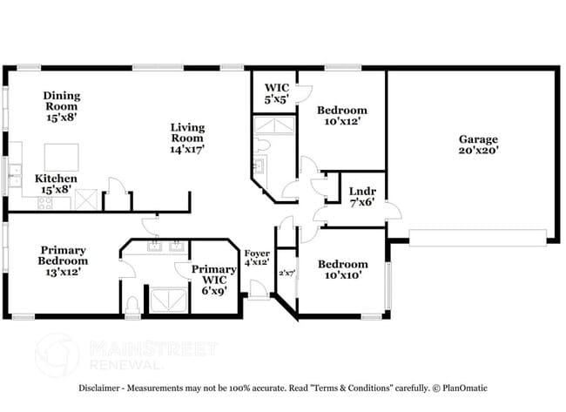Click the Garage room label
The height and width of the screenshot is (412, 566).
[478, 145]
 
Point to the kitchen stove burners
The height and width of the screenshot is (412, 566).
[47, 203]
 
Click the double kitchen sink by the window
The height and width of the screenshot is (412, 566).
[15, 178]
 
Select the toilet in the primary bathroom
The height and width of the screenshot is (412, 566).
[131, 305]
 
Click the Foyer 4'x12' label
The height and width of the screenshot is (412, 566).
[256, 258]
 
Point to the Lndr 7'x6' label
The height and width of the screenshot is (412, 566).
[361, 197]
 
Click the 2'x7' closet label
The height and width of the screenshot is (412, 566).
[286, 273]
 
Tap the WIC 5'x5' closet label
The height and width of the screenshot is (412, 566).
[276, 94]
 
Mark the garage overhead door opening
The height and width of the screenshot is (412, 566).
[477, 237]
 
